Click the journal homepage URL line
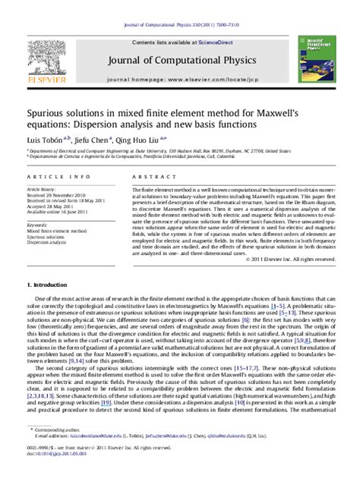tap(179, 79)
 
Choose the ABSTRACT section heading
tap(150, 176)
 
